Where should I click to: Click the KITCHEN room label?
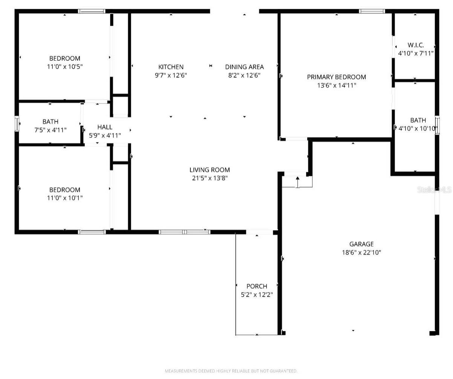171,67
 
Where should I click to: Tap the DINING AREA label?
244,67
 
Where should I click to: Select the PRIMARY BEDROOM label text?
336,77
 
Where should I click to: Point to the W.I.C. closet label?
416,45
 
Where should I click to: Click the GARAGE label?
361,244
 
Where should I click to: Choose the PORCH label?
257,286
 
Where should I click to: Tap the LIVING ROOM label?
210,170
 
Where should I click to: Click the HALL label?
104,127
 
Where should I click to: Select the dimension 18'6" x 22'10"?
361,253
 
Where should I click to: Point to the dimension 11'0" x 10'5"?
64,66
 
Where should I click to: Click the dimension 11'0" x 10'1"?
64,198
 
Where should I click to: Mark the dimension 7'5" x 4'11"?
50,130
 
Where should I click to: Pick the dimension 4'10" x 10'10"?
418,128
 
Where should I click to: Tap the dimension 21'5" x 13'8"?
210,178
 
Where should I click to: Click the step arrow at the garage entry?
297,181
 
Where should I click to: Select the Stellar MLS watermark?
434,189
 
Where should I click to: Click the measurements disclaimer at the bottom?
231,371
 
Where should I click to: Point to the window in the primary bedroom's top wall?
372,11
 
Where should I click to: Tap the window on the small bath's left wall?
17,124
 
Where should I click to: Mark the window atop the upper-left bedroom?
92,11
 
